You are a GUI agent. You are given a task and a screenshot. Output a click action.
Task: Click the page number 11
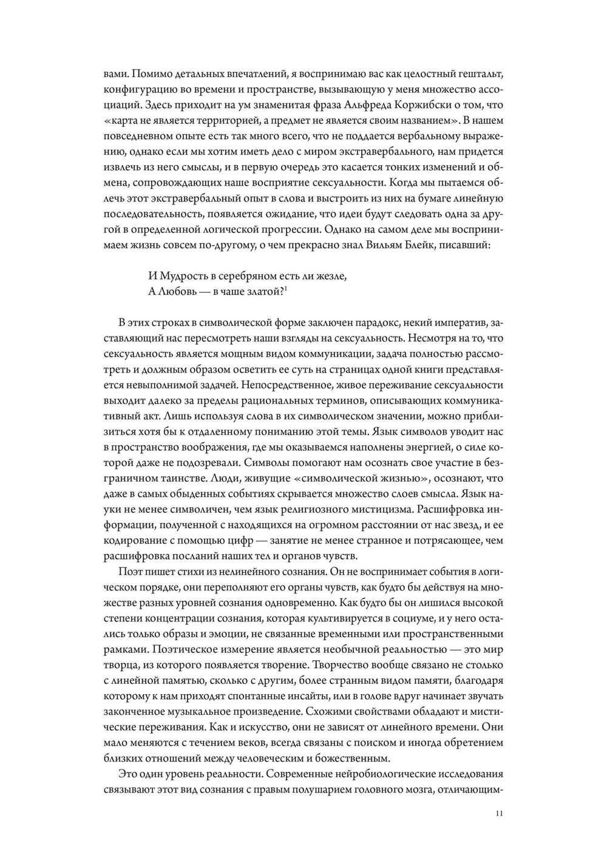point(499,813)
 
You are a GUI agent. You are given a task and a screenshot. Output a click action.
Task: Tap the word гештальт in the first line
point(480,74)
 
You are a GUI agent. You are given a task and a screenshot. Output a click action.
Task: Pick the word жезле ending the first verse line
point(331,275)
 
